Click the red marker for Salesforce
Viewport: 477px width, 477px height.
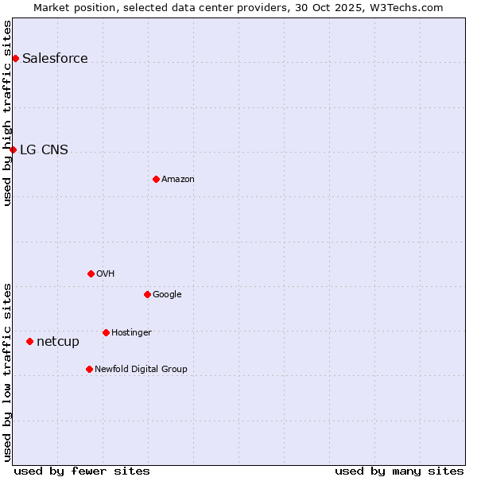point(15,58)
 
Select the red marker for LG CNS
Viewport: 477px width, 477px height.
point(13,149)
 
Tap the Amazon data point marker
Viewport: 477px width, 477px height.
point(156,179)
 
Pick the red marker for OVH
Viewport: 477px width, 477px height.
point(91,273)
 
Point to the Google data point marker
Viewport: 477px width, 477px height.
point(147,294)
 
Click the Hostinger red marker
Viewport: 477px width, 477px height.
point(106,332)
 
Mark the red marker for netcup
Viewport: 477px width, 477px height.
point(29,341)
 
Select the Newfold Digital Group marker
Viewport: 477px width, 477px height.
point(89,369)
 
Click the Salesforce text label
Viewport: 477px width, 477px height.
point(55,58)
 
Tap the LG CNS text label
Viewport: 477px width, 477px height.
point(44,149)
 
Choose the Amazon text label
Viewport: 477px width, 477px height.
point(178,179)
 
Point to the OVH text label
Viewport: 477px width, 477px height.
point(106,273)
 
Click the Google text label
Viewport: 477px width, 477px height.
point(167,294)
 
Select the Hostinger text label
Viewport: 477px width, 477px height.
point(131,332)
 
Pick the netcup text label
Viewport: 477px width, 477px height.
point(58,341)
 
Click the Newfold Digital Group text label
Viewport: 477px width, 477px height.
point(141,369)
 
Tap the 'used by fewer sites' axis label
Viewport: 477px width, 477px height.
point(82,471)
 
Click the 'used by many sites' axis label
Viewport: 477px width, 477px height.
point(399,471)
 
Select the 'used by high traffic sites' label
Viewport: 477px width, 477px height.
point(7,113)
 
